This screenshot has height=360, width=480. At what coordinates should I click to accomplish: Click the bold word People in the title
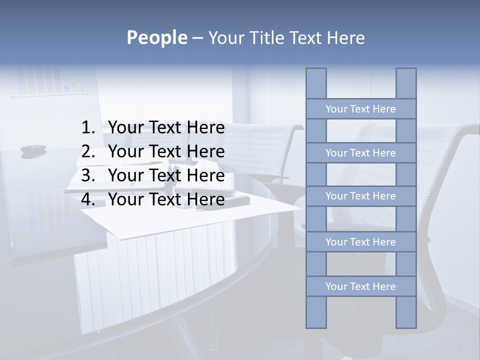(x=156, y=37)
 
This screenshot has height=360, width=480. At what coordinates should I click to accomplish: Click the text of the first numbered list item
(x=166, y=128)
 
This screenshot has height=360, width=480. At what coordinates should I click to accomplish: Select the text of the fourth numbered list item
(x=166, y=199)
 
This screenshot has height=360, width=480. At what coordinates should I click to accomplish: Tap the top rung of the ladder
(x=360, y=109)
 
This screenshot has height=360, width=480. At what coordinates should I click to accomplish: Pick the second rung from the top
(x=360, y=153)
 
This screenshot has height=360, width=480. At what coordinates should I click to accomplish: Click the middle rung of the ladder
(x=360, y=196)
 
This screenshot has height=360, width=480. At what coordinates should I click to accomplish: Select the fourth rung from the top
(x=360, y=242)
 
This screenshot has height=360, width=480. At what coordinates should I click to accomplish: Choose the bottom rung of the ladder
(x=360, y=286)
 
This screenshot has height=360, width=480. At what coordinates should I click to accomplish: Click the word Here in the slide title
(x=345, y=37)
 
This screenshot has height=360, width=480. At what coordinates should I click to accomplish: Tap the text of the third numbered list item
(x=166, y=175)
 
